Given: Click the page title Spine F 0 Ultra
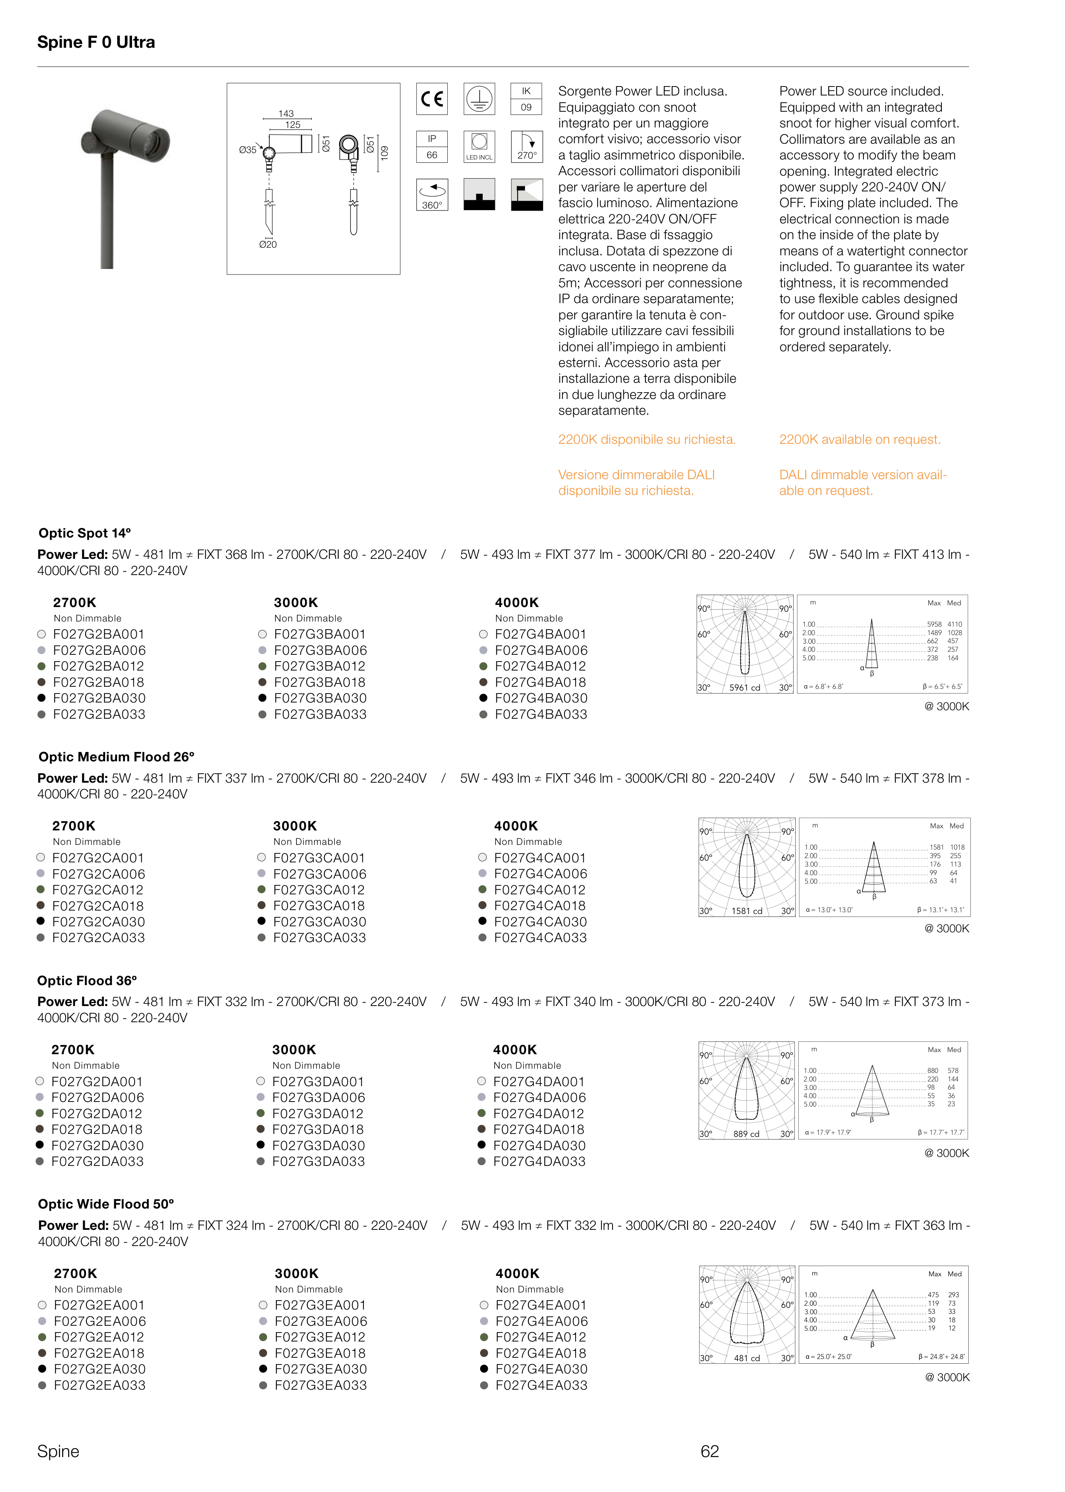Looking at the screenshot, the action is pyautogui.click(x=96, y=43).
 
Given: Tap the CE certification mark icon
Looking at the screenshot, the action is pyautogui.click(x=432, y=99).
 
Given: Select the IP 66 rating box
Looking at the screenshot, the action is pyautogui.click(x=432, y=146).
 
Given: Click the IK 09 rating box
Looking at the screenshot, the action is pyautogui.click(x=527, y=99).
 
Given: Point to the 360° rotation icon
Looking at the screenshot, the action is pyautogui.click(x=432, y=195).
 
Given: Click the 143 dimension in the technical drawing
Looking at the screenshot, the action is pyautogui.click(x=286, y=113).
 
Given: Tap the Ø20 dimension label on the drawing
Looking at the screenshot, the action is pyautogui.click(x=268, y=244).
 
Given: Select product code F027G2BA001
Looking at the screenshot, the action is pyautogui.click(x=99, y=634).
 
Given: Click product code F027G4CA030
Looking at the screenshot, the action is pyautogui.click(x=540, y=922).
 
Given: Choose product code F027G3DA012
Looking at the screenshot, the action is pyautogui.click(x=318, y=1113).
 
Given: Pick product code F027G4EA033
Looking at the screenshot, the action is pyautogui.click(x=542, y=1385).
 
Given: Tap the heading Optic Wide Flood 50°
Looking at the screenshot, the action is pyautogui.click(x=106, y=1204).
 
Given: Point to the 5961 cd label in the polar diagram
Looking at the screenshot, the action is pyautogui.click(x=745, y=688).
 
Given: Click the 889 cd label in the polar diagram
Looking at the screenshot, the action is pyautogui.click(x=746, y=1134).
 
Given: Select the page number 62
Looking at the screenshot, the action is pyautogui.click(x=710, y=1452).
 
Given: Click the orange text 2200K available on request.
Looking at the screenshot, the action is pyautogui.click(x=860, y=440).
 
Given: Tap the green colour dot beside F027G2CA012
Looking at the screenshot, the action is pyautogui.click(x=40, y=890).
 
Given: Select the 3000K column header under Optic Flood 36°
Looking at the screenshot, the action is pyautogui.click(x=294, y=1050).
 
